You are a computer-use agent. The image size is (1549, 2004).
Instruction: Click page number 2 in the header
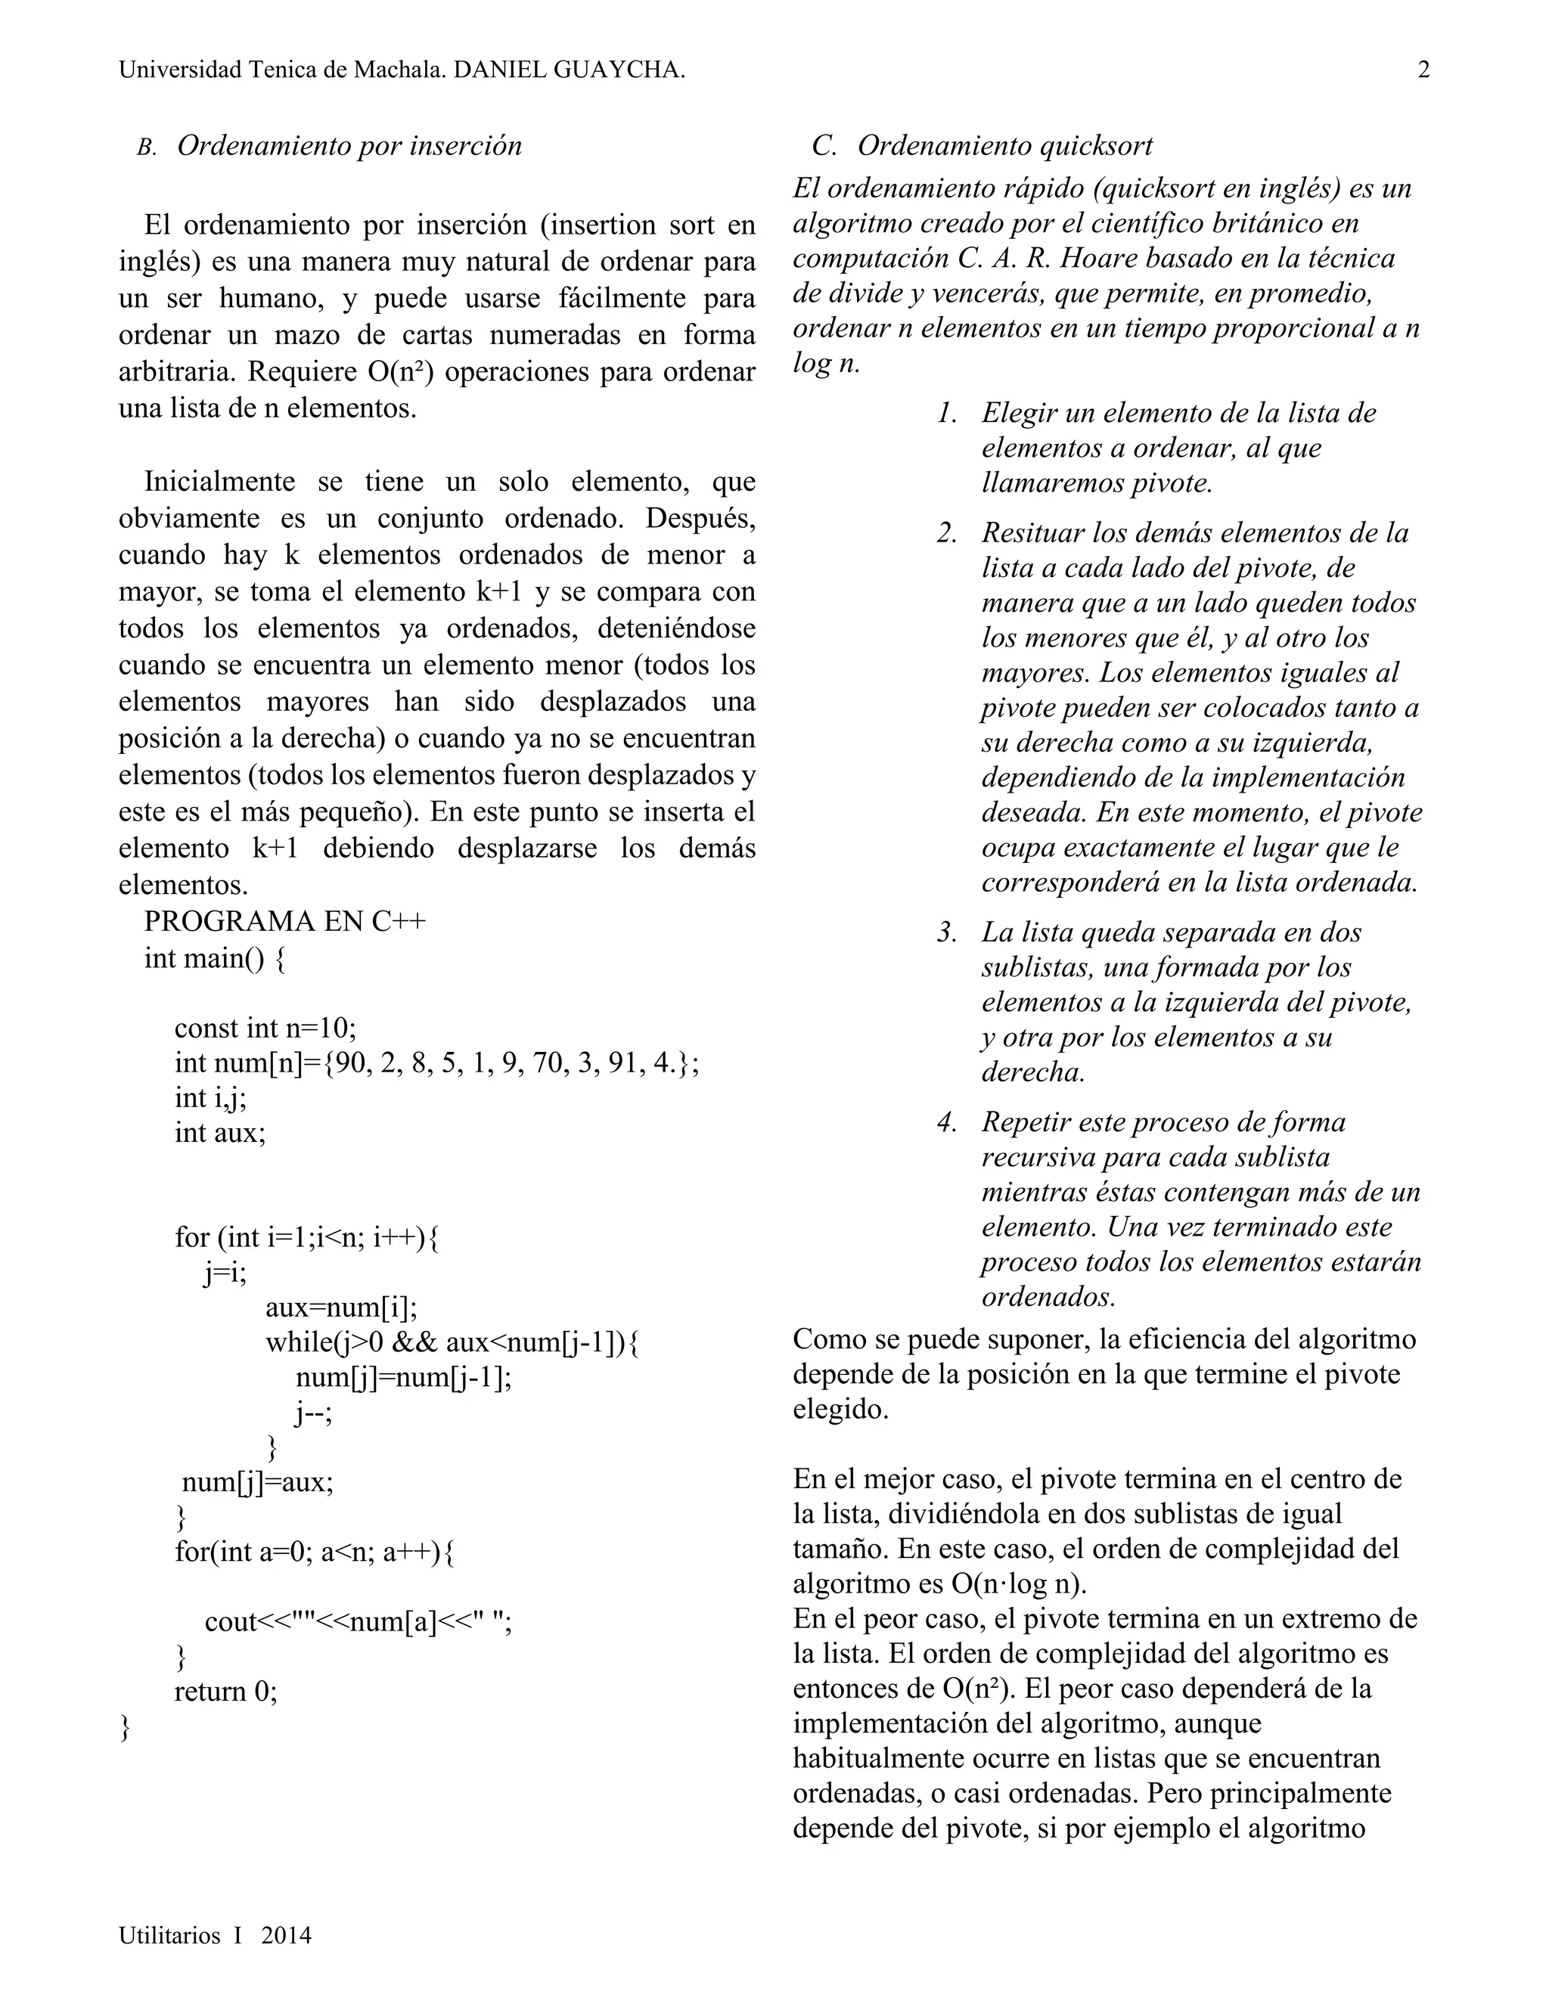1423,70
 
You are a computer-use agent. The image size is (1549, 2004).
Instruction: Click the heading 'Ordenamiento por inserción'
349,146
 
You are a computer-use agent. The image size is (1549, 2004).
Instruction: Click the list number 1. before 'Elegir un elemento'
948,413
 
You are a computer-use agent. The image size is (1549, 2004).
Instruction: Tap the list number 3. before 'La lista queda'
948,932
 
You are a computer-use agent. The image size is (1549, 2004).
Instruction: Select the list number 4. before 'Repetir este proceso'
948,1122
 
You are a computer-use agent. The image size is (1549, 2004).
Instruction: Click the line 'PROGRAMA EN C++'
284,921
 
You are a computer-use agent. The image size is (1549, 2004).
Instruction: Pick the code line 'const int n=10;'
265,1027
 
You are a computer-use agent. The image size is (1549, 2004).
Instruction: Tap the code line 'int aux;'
220,1134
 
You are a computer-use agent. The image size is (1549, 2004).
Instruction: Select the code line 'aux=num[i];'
341,1307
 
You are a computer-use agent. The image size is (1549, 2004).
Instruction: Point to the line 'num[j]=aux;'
258,1482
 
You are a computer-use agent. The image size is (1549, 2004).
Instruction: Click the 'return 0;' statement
225,1691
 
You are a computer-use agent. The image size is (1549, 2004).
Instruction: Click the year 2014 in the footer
287,1935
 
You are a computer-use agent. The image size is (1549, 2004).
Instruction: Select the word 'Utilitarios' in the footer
169,1935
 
